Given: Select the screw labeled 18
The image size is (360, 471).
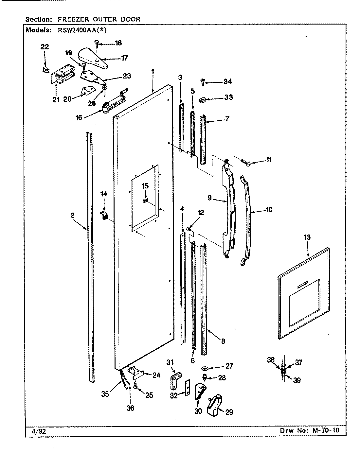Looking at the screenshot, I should pyautogui.click(x=97, y=42).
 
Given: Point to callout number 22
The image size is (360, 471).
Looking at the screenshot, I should pyautogui.click(x=45, y=47).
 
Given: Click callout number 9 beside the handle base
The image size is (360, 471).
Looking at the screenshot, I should pyautogui.click(x=210, y=198).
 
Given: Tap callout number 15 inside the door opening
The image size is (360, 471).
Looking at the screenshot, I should pyautogui.click(x=145, y=186).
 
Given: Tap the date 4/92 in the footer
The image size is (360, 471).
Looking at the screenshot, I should pyautogui.click(x=32, y=431).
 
